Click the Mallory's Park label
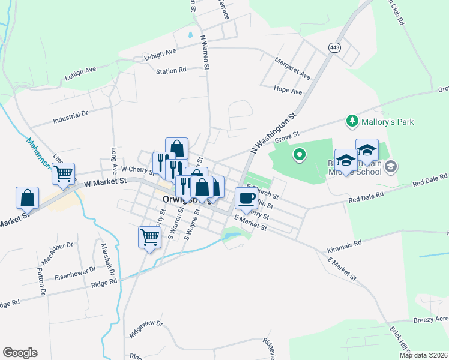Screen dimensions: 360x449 (388, 122)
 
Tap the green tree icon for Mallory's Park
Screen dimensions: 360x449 (352, 122)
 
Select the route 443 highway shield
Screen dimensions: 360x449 (334, 47)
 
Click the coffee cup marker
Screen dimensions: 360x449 (245, 198)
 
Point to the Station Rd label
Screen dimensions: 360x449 (171, 71)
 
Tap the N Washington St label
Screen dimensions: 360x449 (274, 133)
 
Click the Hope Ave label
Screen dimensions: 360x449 (288, 90)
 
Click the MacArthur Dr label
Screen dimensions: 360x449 (57, 254)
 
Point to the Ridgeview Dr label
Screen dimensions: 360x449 (146, 331)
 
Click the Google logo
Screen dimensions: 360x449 (20, 353)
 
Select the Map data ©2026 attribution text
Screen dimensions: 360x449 (424, 355)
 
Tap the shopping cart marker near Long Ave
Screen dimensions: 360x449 (63, 174)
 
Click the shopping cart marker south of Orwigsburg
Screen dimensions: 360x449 (149, 237)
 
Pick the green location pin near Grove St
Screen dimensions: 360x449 (299, 156)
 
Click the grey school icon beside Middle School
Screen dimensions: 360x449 (391, 166)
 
